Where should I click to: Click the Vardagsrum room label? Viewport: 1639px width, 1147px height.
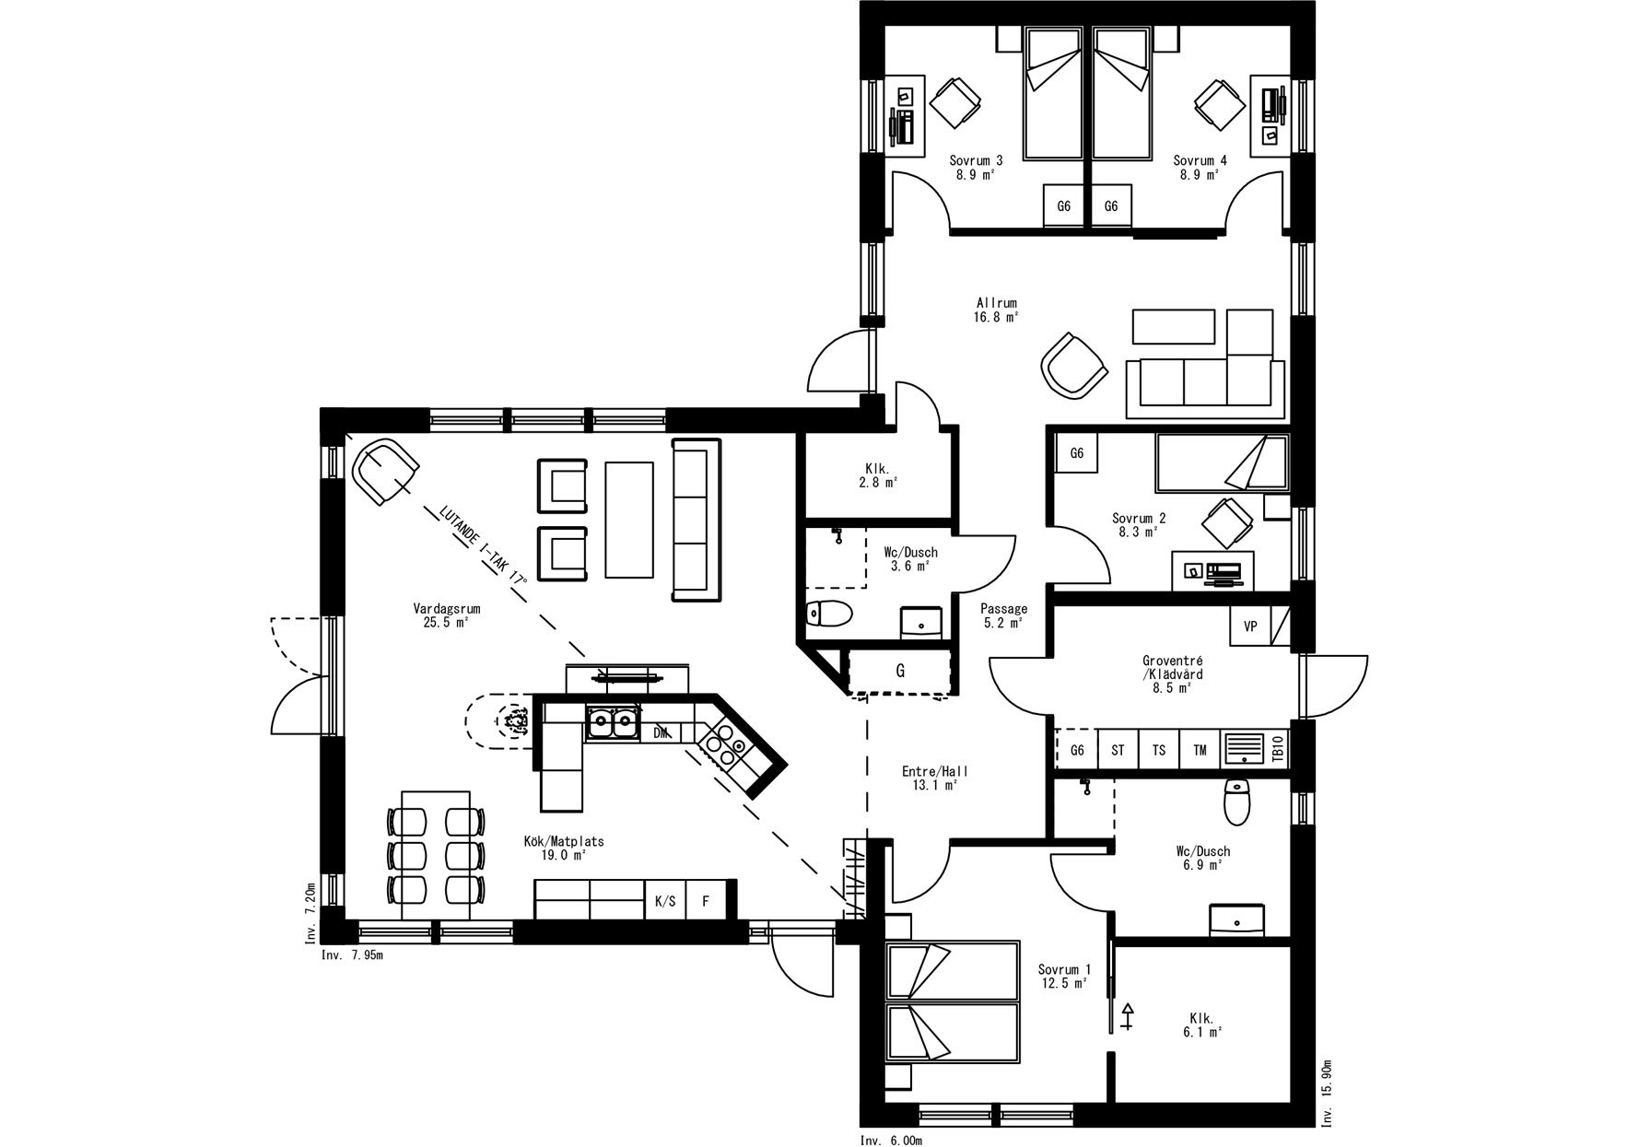coord(447,615)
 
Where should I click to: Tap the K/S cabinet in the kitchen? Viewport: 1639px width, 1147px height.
coord(665,901)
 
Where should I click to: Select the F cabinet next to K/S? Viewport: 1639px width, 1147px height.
coord(706,901)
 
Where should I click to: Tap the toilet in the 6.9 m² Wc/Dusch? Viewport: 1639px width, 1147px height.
coord(1235,802)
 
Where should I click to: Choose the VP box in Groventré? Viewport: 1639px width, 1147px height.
coord(1250,626)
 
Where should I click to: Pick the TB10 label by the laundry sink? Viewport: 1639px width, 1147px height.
coord(1277,750)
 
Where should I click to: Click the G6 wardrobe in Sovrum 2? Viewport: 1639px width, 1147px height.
coord(1076,453)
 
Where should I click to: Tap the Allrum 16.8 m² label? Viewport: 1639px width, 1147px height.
coord(997,310)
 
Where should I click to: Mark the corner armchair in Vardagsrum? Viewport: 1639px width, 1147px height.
coord(384,471)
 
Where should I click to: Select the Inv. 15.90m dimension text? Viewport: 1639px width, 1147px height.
coord(1328,1092)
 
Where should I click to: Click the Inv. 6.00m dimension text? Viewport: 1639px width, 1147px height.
coord(892,1141)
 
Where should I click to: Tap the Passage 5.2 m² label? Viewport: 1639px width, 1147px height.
coord(1003,615)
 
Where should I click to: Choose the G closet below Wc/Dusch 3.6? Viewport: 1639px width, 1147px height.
coord(900,672)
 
